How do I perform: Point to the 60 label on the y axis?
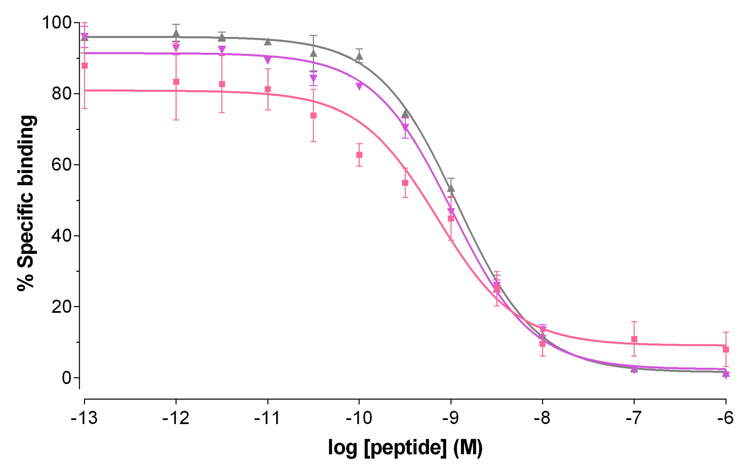(62, 165)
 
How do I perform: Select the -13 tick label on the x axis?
(84, 418)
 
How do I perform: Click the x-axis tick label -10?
(359, 418)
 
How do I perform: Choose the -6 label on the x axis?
(725, 418)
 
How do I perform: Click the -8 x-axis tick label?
(542, 418)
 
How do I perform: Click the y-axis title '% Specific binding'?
(26, 203)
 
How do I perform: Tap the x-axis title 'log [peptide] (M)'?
(405, 447)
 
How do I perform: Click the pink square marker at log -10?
(359, 155)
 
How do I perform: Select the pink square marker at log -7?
(634, 339)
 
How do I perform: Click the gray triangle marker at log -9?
(451, 189)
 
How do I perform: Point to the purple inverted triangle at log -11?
(268, 60)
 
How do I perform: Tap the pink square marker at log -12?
(176, 82)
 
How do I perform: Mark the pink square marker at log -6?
(726, 349)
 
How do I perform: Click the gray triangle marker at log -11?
(268, 42)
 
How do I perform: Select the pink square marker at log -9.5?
(405, 183)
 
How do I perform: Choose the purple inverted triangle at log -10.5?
(313, 78)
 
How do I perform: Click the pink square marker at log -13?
(84, 66)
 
